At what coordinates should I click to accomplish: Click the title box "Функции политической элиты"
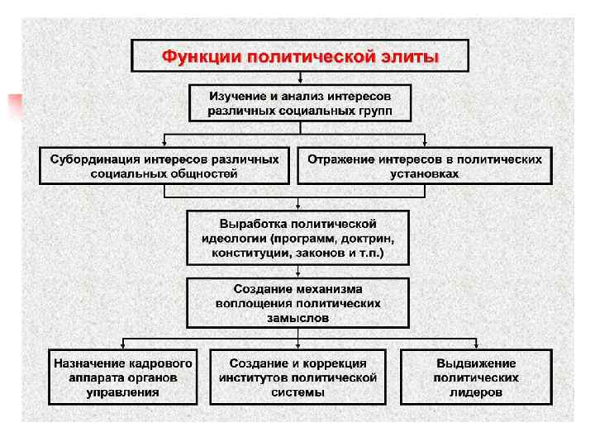point(300,57)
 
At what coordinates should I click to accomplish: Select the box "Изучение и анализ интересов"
point(299,102)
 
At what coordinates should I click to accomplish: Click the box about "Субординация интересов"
point(164,165)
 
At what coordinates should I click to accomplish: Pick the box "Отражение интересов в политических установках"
point(425,165)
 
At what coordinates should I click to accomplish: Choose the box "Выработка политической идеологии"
point(298,238)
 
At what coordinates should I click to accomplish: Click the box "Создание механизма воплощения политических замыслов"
point(298,303)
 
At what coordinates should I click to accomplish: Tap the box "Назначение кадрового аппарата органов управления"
point(123,377)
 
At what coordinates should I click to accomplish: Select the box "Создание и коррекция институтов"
point(298,377)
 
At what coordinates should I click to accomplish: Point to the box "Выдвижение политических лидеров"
point(476,377)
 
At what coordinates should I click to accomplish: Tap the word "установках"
point(425,173)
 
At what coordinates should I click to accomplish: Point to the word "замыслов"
point(298,317)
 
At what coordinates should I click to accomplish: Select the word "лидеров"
point(476,392)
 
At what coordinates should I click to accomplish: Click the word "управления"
point(123,392)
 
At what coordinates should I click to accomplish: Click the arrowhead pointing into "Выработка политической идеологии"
point(298,206)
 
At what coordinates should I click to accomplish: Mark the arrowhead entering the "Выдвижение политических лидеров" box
point(476,346)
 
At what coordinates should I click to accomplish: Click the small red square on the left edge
point(14,105)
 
